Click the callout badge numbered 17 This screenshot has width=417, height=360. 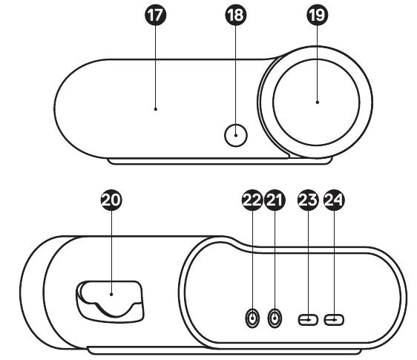155,15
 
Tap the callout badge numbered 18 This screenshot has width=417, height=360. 236,15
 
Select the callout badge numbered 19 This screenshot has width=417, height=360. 317,15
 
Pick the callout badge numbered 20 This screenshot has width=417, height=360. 111,200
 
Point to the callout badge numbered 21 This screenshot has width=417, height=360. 275,200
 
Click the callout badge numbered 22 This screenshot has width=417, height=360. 252,200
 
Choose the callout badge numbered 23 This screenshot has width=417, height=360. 308,200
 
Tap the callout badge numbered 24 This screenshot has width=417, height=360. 334,200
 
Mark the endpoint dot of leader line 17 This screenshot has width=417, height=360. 156,109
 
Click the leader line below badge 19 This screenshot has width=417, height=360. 317,63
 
